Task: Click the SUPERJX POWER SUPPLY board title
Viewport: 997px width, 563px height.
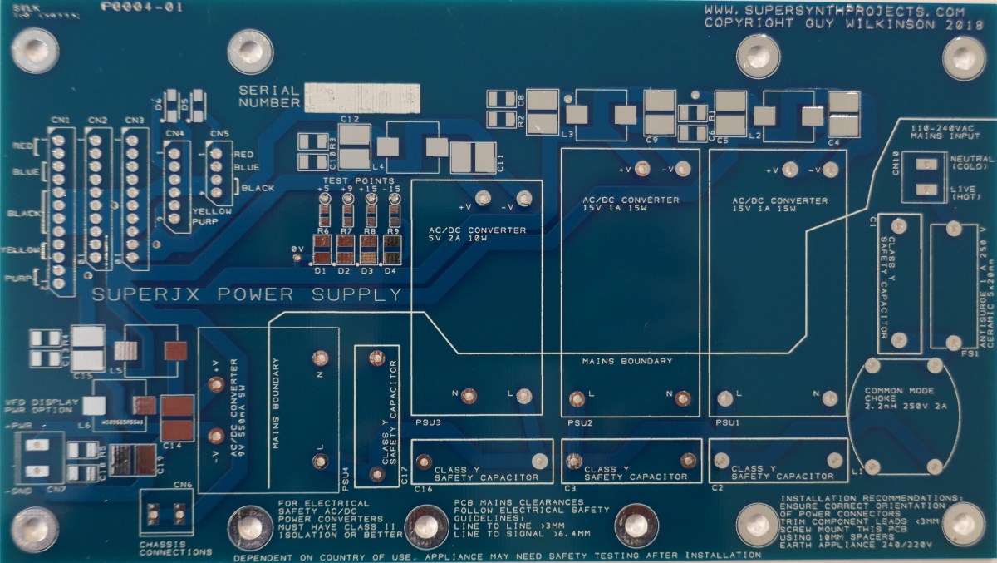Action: tap(248, 295)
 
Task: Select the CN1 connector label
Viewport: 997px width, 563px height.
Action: tap(59, 121)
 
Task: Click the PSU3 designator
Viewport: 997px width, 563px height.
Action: tap(428, 422)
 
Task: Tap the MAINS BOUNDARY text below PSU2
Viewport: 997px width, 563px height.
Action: tap(626, 361)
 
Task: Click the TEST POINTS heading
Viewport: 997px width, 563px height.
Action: tap(359, 180)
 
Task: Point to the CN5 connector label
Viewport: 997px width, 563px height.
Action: tap(219, 134)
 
